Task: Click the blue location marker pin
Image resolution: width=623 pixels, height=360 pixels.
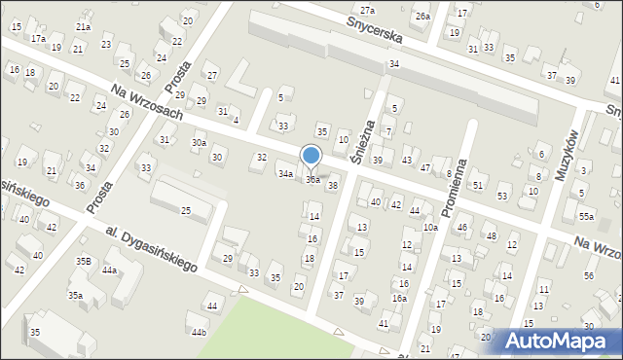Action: click(311, 157)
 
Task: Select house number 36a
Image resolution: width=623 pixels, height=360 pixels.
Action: click(312, 180)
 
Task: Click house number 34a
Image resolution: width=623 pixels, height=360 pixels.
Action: click(285, 174)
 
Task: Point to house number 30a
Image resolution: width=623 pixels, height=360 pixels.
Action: click(199, 143)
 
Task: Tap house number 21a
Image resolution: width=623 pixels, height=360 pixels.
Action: click(83, 27)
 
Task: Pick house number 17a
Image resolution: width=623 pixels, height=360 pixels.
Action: click(37, 38)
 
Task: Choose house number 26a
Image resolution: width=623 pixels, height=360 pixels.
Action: click(421, 17)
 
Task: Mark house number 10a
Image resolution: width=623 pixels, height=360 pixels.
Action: click(430, 228)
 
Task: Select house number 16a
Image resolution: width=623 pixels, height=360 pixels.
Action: click(399, 299)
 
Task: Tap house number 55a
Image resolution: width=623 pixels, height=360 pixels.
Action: click(585, 216)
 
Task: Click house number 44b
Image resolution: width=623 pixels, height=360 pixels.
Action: click(199, 333)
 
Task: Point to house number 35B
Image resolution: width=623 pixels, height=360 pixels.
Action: click(84, 262)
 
